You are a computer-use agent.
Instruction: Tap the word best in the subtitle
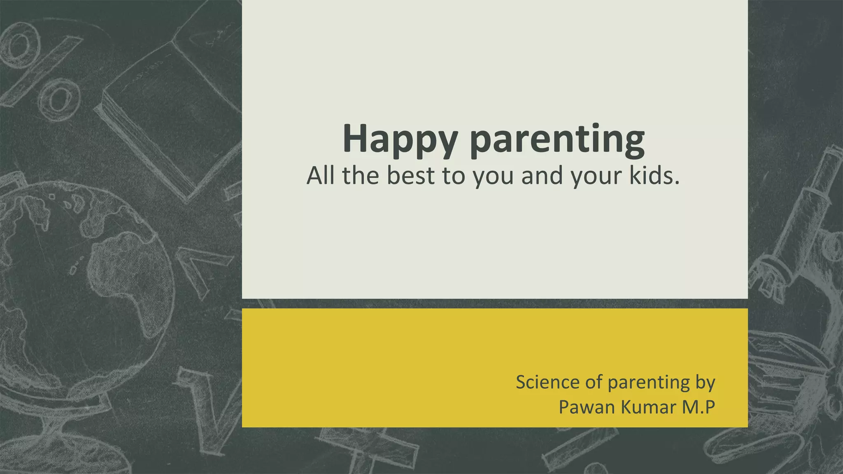coord(410,176)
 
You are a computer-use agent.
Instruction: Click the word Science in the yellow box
coord(547,382)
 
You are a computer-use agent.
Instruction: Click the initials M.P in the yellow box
coord(699,407)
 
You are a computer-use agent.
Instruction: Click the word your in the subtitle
coord(596,176)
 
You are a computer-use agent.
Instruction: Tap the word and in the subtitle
coord(541,176)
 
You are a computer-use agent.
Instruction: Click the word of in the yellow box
coord(593,382)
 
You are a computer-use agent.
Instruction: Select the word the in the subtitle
coord(360,176)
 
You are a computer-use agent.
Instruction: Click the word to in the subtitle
coord(452,176)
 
